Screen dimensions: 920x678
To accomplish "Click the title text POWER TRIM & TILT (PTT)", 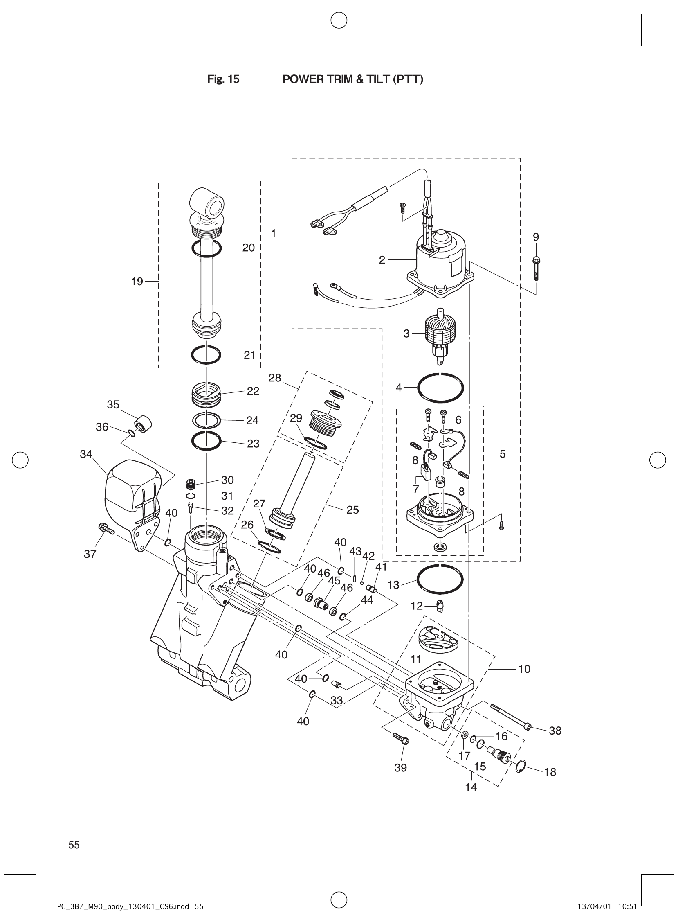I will click(x=352, y=79).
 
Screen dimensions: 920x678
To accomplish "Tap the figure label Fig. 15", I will click(x=223, y=79).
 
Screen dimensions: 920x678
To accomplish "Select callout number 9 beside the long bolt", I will click(x=536, y=237).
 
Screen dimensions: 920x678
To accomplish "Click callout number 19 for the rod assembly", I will click(x=137, y=281).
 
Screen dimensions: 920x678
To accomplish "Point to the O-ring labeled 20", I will click(x=207, y=248).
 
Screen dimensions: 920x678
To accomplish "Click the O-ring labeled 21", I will click(x=207, y=354).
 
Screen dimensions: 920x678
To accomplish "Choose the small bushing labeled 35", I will click(x=143, y=424).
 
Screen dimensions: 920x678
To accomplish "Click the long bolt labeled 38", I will click(x=509, y=716).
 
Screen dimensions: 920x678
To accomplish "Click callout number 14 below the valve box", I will click(x=471, y=787).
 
